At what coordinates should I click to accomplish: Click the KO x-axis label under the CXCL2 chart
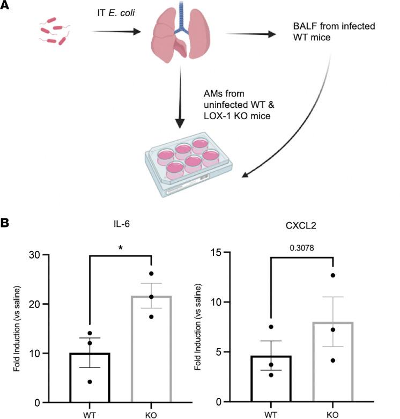coord(332,415)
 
